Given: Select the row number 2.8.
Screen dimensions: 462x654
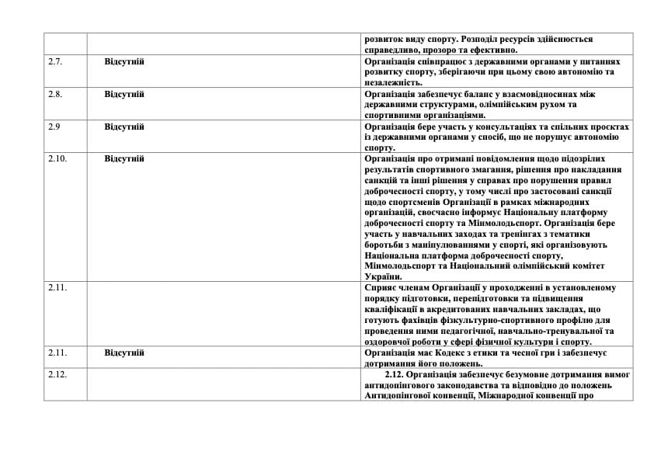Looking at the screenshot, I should click(x=54, y=94).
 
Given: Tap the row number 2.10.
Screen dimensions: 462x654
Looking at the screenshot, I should click(x=57, y=158).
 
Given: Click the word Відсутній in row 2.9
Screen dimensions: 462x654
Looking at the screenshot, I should click(x=124, y=127).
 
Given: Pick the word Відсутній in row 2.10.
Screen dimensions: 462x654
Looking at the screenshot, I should click(x=124, y=158).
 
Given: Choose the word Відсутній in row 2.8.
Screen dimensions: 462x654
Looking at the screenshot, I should click(x=124, y=94).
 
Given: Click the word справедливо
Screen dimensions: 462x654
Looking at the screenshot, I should click(x=390, y=50).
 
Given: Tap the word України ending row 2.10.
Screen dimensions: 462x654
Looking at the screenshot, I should click(x=382, y=276).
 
